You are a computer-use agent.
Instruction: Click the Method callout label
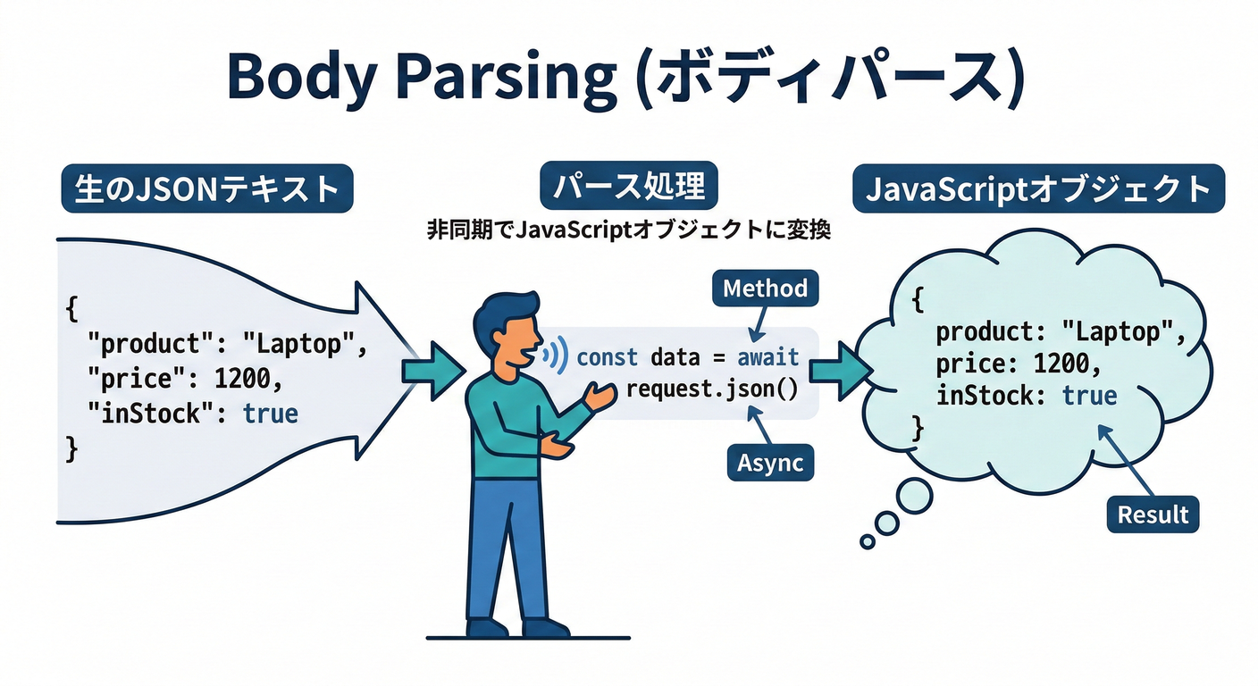tap(765, 288)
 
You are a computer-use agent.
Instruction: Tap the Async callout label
tap(770, 463)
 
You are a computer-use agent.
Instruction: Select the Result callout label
tap(1153, 514)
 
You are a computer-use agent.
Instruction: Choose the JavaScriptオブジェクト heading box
tap(1038, 188)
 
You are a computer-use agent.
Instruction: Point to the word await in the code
tap(767, 358)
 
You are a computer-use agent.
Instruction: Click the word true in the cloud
tap(1089, 395)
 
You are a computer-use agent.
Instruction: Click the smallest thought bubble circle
tap(867, 541)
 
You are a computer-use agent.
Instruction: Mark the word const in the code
tap(607, 358)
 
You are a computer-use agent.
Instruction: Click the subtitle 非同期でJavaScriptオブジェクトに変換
tap(630, 230)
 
